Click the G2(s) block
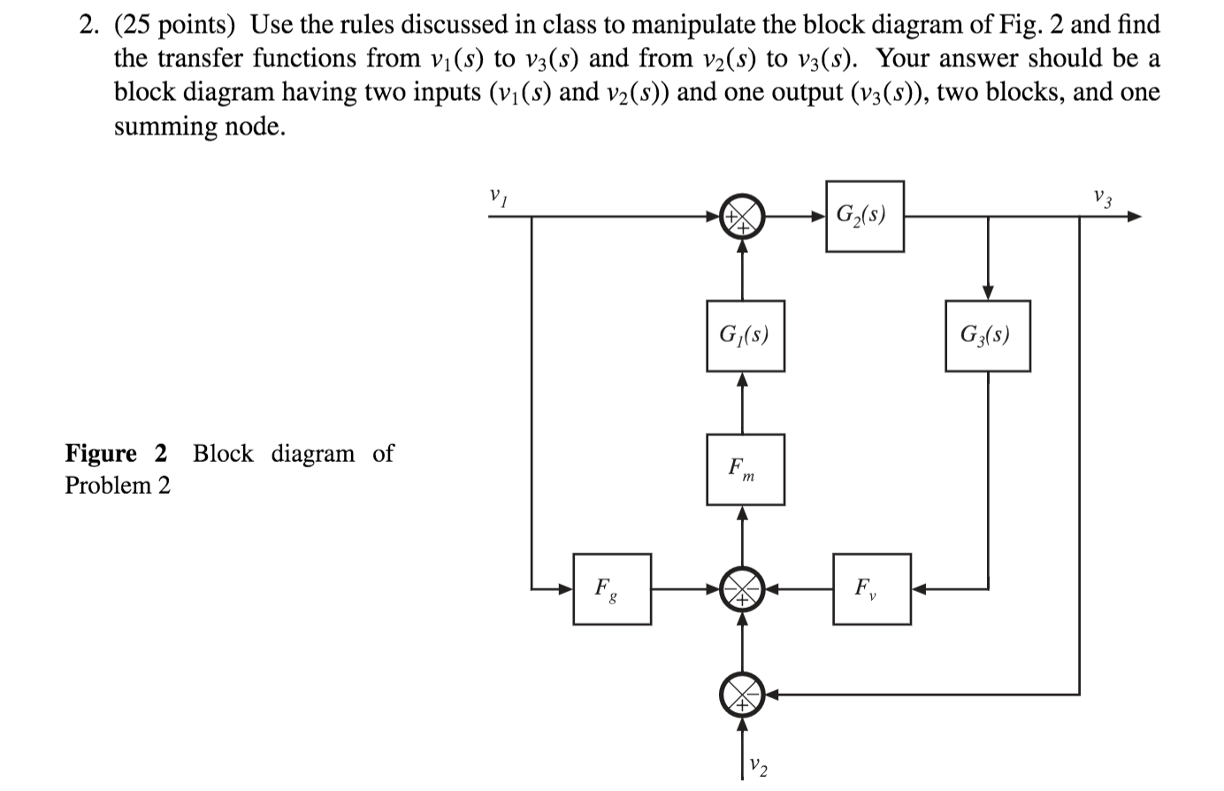point(864,216)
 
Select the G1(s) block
point(745,335)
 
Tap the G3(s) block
point(987,335)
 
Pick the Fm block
point(745,469)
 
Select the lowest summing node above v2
point(743,695)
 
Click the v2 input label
point(758,765)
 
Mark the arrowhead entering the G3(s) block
point(988,293)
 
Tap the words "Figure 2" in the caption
point(116,454)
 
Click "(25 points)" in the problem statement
point(182,24)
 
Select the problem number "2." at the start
point(87,24)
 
